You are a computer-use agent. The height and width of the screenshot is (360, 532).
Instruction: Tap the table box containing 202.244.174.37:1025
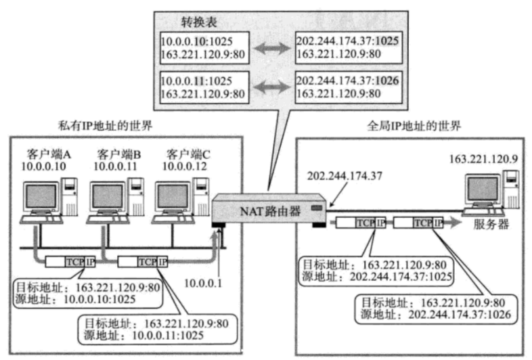[x=347, y=47]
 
